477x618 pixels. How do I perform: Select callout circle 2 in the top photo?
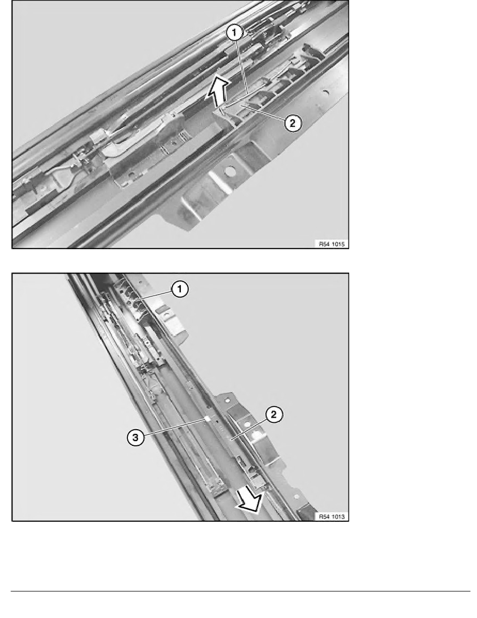292,123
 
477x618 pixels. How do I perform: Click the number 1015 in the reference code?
338,244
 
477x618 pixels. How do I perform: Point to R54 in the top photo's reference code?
324,244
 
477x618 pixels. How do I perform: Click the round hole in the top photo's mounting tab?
228,172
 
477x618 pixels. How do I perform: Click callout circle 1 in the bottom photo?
180,289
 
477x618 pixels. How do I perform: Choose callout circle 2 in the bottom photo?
274,414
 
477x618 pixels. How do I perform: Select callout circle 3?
136,437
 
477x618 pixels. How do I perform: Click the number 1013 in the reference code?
338,517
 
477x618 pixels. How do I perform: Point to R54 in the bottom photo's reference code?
324,517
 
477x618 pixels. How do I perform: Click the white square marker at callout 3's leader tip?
207,419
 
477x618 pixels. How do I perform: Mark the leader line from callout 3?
175,427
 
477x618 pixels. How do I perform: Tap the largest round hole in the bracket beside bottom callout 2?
257,435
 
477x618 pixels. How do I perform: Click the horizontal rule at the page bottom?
241,591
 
